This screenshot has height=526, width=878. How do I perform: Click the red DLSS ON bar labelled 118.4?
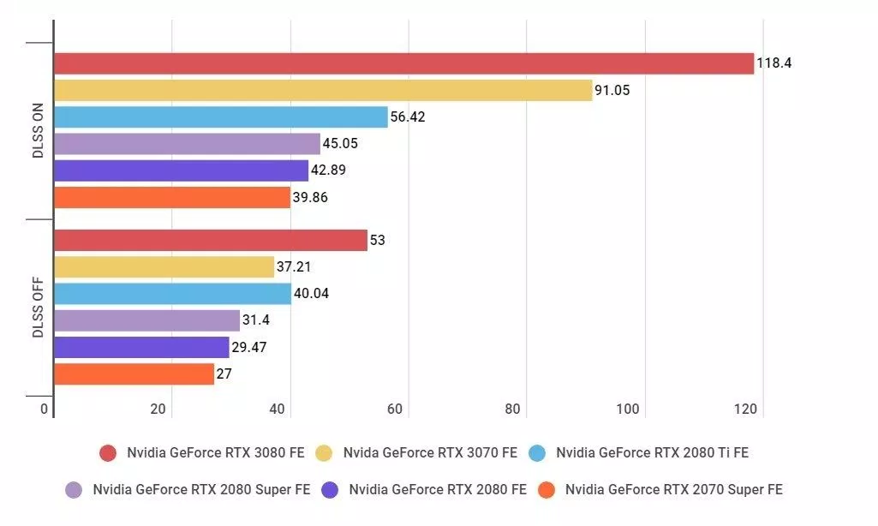(403, 63)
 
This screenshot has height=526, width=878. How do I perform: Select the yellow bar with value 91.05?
(323, 90)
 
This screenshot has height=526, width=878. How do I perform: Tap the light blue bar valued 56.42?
(221, 117)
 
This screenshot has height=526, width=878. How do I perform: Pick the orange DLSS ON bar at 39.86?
(172, 198)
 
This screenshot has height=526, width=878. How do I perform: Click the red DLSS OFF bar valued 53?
(210, 240)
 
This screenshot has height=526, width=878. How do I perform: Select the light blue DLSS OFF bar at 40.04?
(172, 294)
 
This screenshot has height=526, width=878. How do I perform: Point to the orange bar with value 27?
(134, 374)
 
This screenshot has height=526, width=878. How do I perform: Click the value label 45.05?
(341, 144)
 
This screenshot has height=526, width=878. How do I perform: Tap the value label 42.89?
(330, 170)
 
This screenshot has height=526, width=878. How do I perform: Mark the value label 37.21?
(294, 267)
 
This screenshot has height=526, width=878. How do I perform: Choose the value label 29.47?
(249, 348)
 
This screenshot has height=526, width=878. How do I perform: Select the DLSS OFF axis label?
(38, 308)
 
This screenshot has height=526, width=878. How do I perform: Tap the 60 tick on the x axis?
(395, 409)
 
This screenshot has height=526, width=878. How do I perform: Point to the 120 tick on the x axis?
(746, 409)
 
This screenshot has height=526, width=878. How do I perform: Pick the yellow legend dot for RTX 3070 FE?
(324, 453)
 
